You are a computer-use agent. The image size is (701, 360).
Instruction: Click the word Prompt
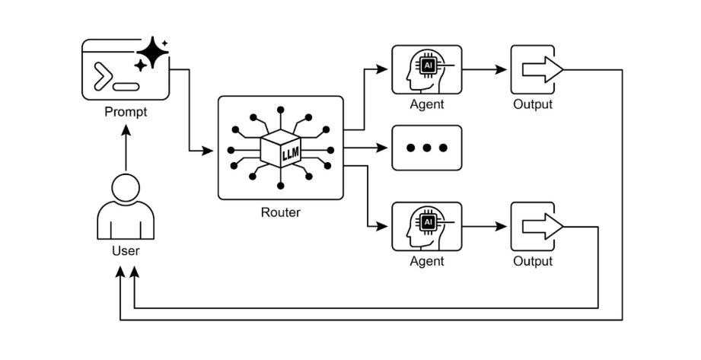pyautogui.click(x=126, y=113)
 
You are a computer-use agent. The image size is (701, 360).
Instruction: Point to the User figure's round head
pyautogui.click(x=126, y=188)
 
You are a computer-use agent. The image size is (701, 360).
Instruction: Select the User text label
pyautogui.click(x=126, y=249)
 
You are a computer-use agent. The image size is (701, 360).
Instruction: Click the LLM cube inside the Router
pyautogui.click(x=281, y=148)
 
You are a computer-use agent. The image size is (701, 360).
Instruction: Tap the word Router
pyautogui.click(x=280, y=212)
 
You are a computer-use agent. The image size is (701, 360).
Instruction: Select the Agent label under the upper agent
pyautogui.click(x=426, y=104)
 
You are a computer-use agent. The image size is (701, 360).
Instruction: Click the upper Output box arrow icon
pyautogui.click(x=542, y=70)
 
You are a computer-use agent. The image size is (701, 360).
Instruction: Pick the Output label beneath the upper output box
pyautogui.click(x=533, y=104)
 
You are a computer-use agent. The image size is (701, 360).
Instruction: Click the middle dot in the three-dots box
pyautogui.click(x=426, y=148)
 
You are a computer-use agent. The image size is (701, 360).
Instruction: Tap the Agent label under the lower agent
pyautogui.click(x=426, y=261)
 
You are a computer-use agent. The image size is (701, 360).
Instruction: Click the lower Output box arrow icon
pyautogui.click(x=542, y=226)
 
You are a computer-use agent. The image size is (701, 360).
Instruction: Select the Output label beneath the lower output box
pyautogui.click(x=533, y=261)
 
